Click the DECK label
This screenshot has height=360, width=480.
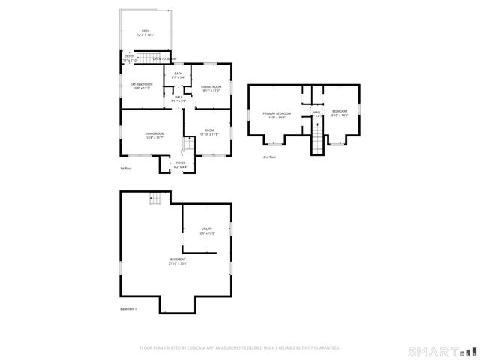(x=145, y=31)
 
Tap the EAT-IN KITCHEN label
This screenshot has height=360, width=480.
(x=140, y=84)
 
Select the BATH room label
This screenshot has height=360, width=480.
(x=178, y=73)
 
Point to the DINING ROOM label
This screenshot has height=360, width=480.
(x=211, y=87)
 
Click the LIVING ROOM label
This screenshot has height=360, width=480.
(x=154, y=133)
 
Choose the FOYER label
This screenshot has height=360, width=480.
(x=180, y=163)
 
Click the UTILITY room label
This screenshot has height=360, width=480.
(x=206, y=229)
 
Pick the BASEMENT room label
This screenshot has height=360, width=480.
(x=178, y=259)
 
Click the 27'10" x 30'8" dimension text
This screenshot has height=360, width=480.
(x=178, y=264)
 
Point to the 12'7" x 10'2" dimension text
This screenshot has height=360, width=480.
(x=145, y=35)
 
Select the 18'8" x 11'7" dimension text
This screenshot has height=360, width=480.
(x=154, y=138)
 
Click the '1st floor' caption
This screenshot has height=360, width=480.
(x=127, y=169)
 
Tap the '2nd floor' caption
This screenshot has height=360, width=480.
(x=269, y=157)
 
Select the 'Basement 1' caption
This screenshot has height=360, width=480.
(x=128, y=309)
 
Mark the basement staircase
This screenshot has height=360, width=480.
(x=155, y=199)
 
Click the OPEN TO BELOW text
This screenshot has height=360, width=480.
(x=165, y=58)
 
